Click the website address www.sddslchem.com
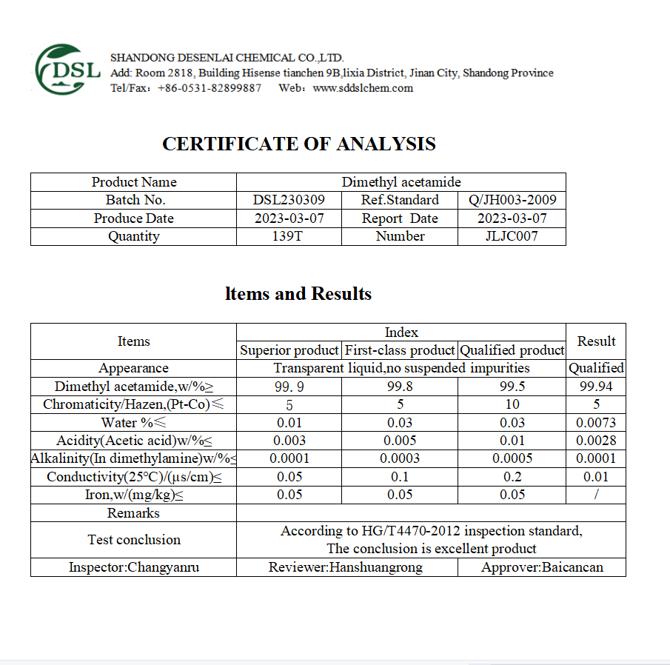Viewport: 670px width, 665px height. pos(363,88)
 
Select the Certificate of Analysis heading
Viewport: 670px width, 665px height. pos(299,144)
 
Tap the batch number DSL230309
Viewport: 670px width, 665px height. pos(289,200)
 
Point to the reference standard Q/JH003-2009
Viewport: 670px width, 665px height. pos(512,200)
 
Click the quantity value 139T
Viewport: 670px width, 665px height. pos(289,236)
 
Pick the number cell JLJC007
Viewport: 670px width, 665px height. pos(512,236)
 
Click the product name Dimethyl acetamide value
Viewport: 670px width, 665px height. pos(401,182)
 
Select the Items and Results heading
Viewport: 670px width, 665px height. pos(298,294)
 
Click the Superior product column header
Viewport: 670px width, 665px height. pos(289,350)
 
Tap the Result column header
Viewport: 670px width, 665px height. pos(596,341)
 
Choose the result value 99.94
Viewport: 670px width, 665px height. pos(596,387)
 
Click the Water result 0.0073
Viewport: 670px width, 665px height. pos(596,423)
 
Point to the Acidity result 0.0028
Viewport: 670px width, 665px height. pos(596,441)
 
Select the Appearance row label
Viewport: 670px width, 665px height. pos(133,368)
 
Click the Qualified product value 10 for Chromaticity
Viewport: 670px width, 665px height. pos(512,404)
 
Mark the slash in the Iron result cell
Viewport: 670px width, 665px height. pos(596,495)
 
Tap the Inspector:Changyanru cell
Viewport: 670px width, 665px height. pos(134,567)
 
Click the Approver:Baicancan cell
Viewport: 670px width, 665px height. pos(542,567)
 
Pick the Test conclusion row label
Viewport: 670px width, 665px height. pos(134,540)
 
